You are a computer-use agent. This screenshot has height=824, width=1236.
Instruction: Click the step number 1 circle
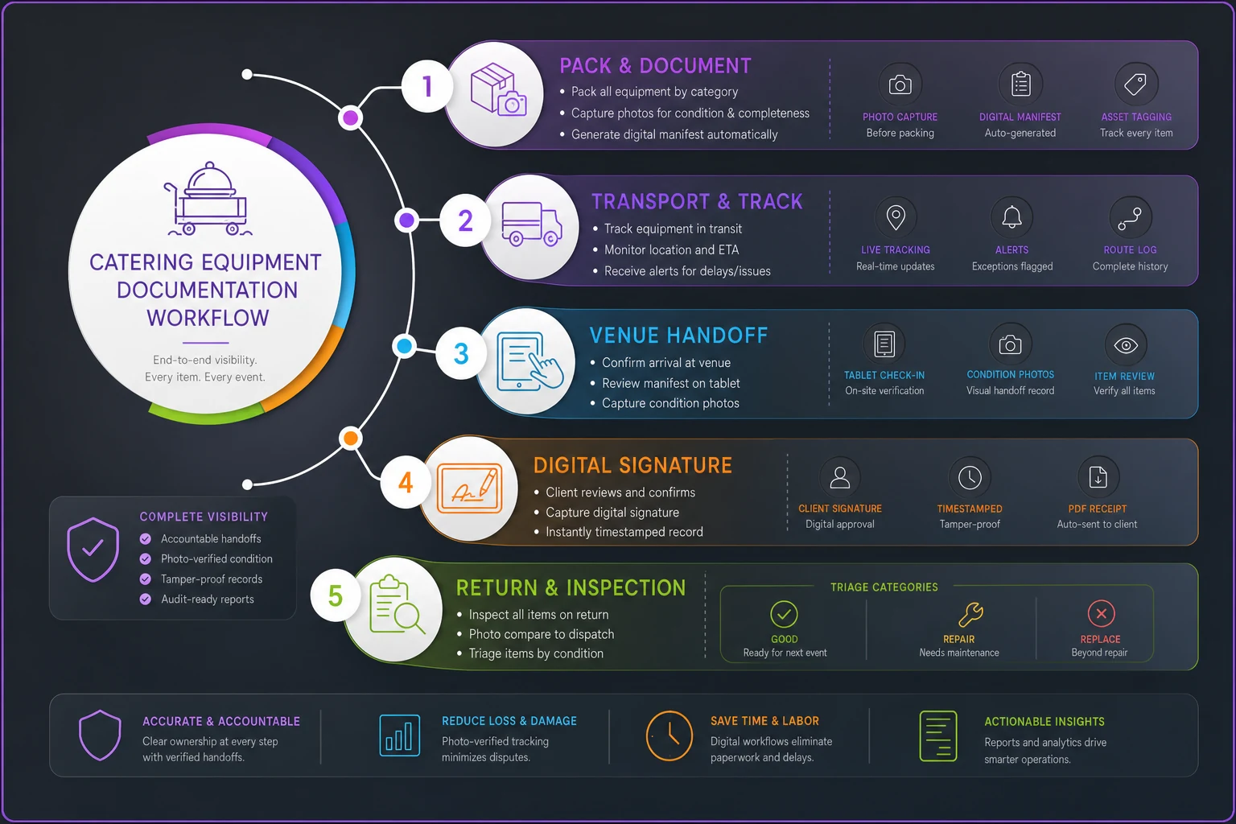426,86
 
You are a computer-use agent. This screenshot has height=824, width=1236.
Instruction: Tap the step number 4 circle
406,483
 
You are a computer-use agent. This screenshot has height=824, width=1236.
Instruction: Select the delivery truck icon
531,224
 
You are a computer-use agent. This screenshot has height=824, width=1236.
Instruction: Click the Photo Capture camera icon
900,84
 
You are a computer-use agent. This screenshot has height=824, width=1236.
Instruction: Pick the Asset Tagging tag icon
1135,84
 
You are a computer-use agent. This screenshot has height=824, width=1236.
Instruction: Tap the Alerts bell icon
1011,217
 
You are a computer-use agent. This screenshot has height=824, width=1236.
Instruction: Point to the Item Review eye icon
1126,345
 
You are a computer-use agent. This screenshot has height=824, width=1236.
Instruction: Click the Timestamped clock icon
970,477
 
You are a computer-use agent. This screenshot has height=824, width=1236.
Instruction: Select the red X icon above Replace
1101,613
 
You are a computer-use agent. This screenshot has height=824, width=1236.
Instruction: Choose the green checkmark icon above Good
784,614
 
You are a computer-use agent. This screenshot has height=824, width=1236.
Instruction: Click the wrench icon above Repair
970,614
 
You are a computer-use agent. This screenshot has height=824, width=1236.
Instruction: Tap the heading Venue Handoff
678,335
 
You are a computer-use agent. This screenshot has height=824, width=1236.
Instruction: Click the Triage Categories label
884,587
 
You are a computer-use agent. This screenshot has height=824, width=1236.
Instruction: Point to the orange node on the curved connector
350,439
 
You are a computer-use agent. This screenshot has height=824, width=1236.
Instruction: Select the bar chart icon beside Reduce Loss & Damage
399,735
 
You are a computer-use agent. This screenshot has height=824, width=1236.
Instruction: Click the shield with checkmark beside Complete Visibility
93,549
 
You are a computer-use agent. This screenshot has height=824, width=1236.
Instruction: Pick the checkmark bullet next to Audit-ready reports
145,599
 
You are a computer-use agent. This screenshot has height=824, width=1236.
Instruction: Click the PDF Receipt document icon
1098,477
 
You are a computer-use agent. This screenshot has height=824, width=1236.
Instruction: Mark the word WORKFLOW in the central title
208,318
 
